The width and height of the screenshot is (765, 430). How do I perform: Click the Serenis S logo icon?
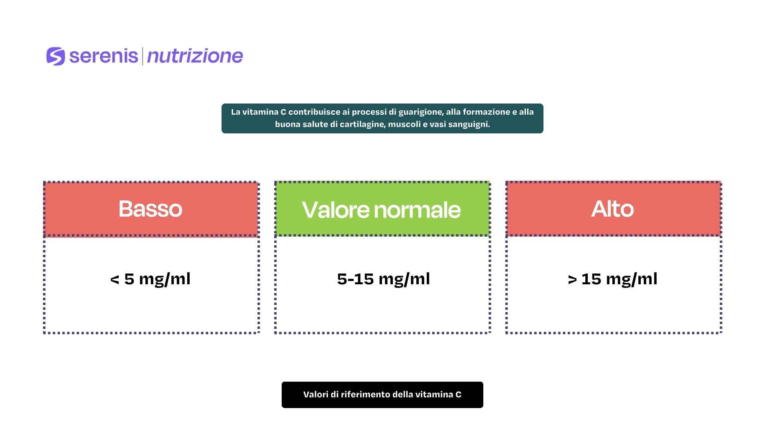click(55, 56)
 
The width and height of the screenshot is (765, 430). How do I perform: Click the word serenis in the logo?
click(104, 56)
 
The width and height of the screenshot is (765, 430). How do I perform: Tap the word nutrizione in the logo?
click(195, 56)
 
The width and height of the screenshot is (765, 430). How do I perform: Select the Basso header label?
click(150, 209)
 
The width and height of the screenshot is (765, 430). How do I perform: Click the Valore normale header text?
click(381, 209)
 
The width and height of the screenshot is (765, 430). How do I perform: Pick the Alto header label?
click(612, 209)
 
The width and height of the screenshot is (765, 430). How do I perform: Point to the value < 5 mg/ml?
click(150, 279)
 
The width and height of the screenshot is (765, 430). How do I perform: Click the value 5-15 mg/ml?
click(383, 279)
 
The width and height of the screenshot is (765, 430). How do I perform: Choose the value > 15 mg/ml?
click(612, 279)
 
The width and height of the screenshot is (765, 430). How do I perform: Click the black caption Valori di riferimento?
click(382, 395)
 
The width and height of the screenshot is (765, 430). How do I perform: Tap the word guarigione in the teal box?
click(421, 112)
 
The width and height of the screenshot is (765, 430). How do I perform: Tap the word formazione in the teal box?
click(486, 112)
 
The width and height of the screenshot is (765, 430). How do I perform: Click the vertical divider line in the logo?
click(142, 56)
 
